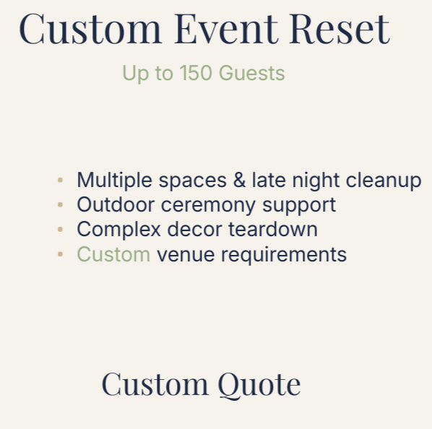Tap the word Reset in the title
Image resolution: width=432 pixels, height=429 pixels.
coord(339,29)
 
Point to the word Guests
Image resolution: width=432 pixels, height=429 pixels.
coord(251,73)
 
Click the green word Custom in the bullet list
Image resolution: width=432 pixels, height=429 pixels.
coord(113,254)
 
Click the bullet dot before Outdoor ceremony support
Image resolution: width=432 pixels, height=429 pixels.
coord(60,205)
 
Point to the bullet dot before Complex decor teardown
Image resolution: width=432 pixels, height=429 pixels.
coord(60,230)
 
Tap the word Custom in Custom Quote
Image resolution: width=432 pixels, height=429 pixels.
coord(150,383)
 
